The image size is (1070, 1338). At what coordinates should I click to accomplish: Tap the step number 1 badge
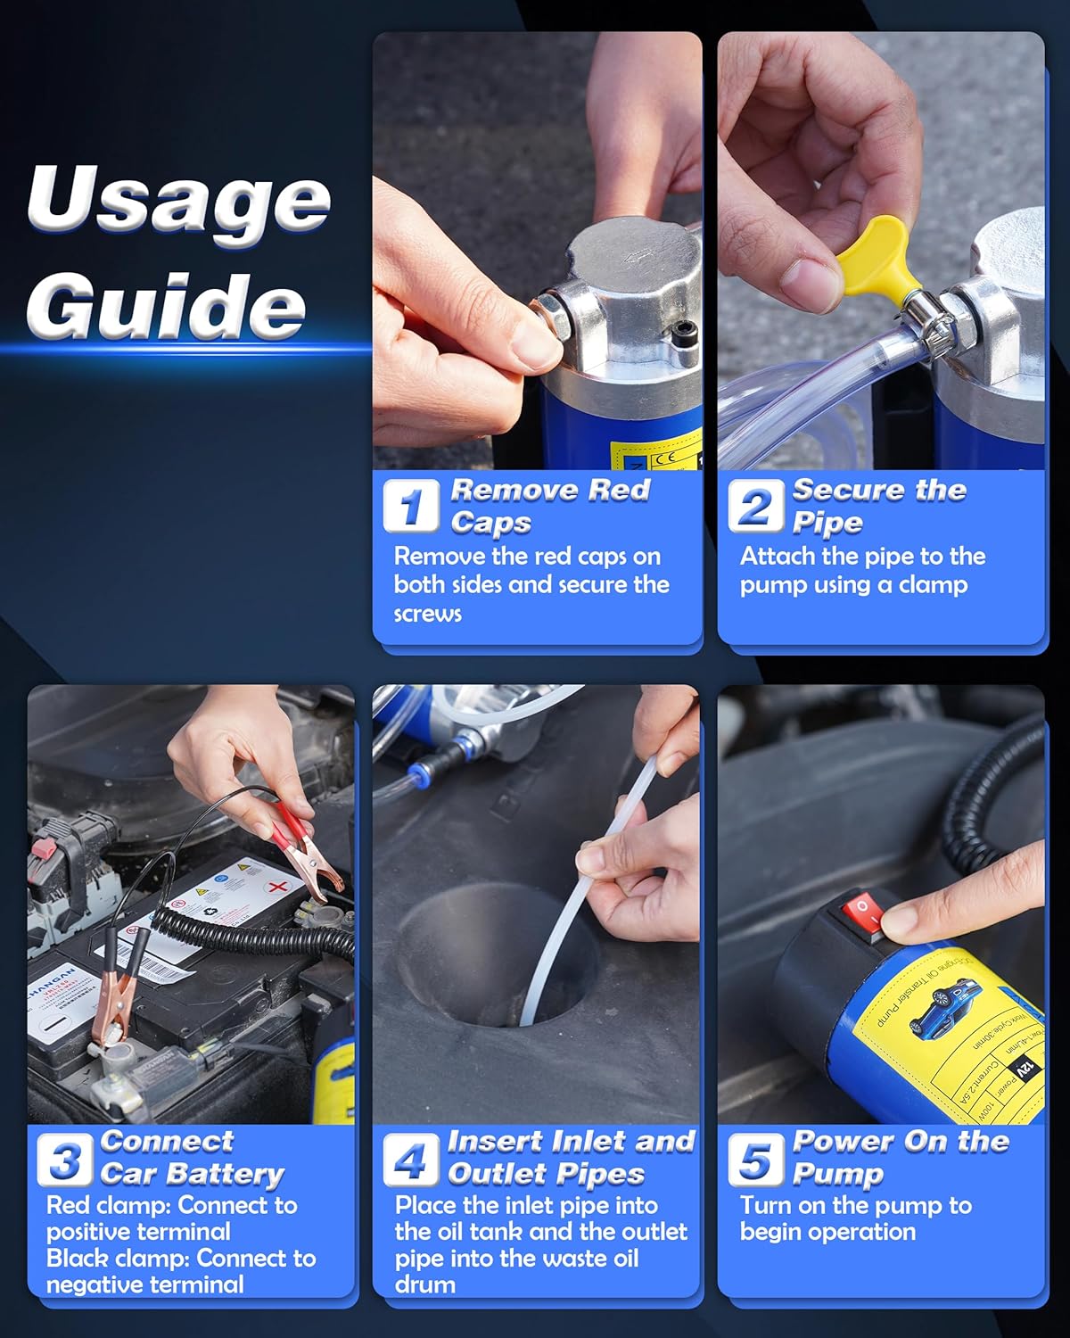pos(411,506)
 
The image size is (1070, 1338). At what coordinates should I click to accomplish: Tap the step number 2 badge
pos(755,506)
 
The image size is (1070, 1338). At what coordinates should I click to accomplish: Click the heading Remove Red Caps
pos(548,506)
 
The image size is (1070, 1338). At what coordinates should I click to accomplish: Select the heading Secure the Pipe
pos(878,506)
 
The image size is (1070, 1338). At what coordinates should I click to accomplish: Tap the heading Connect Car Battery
pos(192,1158)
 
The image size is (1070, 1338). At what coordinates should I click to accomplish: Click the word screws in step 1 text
pos(428,614)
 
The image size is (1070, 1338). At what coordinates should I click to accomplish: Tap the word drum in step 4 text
pos(425,1284)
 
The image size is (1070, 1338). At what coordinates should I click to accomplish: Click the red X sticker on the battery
pos(278,888)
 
